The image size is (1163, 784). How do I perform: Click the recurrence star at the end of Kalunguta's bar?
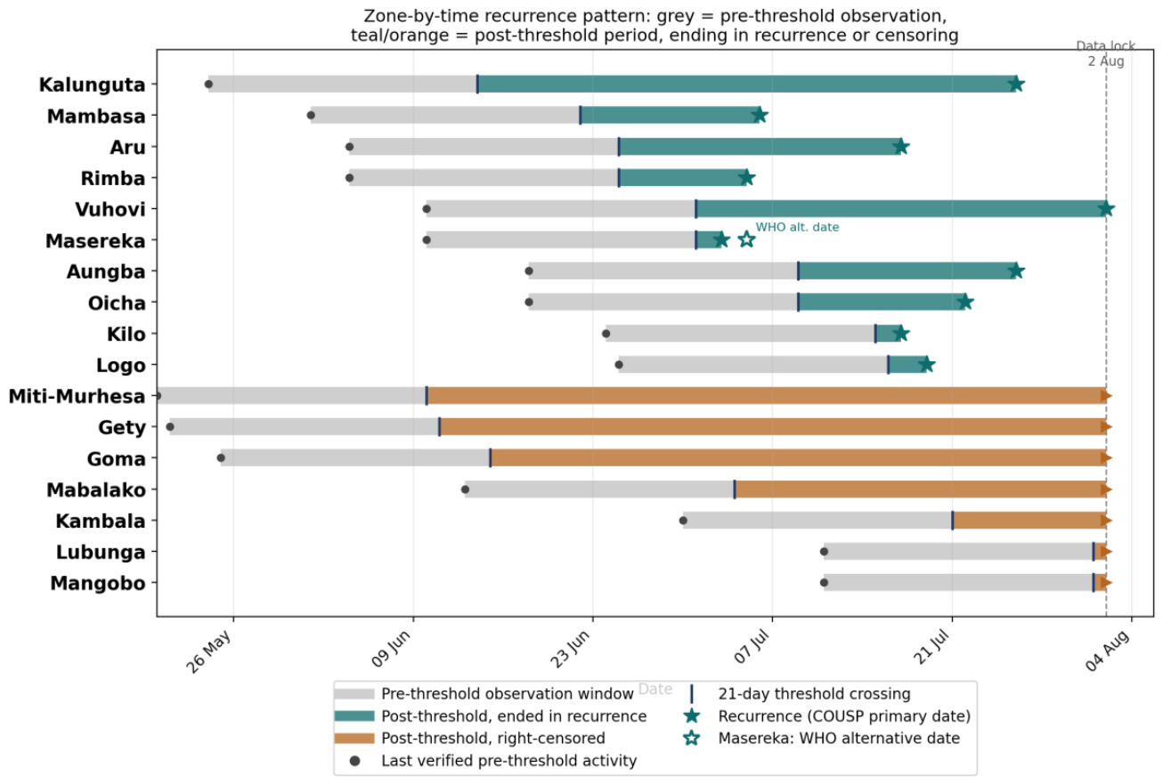[1016, 84]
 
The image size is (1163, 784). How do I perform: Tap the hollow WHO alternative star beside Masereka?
[746, 239]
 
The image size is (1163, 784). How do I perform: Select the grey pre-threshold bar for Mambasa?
[445, 115]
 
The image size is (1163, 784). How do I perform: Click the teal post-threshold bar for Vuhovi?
[901, 208]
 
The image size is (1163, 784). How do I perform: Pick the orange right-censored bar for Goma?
[798, 457]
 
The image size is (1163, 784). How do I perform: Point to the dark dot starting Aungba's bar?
[529, 271]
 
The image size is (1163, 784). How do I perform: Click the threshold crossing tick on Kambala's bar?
[953, 521]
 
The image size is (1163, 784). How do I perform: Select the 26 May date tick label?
[208, 651]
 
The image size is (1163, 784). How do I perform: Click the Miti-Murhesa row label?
[77, 396]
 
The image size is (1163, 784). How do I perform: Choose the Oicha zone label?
[117, 303]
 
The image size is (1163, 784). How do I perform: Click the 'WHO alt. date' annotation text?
[797, 227]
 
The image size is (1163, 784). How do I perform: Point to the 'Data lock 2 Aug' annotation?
[1106, 54]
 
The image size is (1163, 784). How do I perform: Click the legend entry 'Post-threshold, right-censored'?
[493, 738]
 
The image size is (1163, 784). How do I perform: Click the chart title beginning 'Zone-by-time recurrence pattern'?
[655, 26]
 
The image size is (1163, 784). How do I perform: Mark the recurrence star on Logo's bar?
[927, 365]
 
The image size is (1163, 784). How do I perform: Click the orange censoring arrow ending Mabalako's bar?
[1106, 489]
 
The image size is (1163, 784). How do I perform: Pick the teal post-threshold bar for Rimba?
[683, 177]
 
